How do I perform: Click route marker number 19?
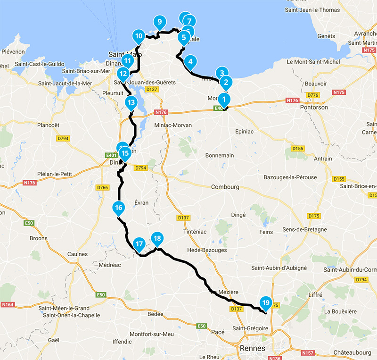pos(265,303)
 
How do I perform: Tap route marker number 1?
pos(224,100)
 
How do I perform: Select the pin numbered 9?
pos(159,22)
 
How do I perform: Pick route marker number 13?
pos(131,102)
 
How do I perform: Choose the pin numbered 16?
pos(118,208)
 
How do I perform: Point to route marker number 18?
pos(157,238)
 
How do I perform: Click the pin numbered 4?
pos(190,61)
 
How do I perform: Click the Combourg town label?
pos(225,187)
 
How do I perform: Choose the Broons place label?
pos(39,238)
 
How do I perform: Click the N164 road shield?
pos(8,305)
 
